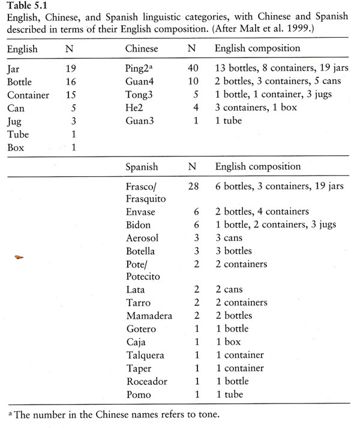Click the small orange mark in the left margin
20,257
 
